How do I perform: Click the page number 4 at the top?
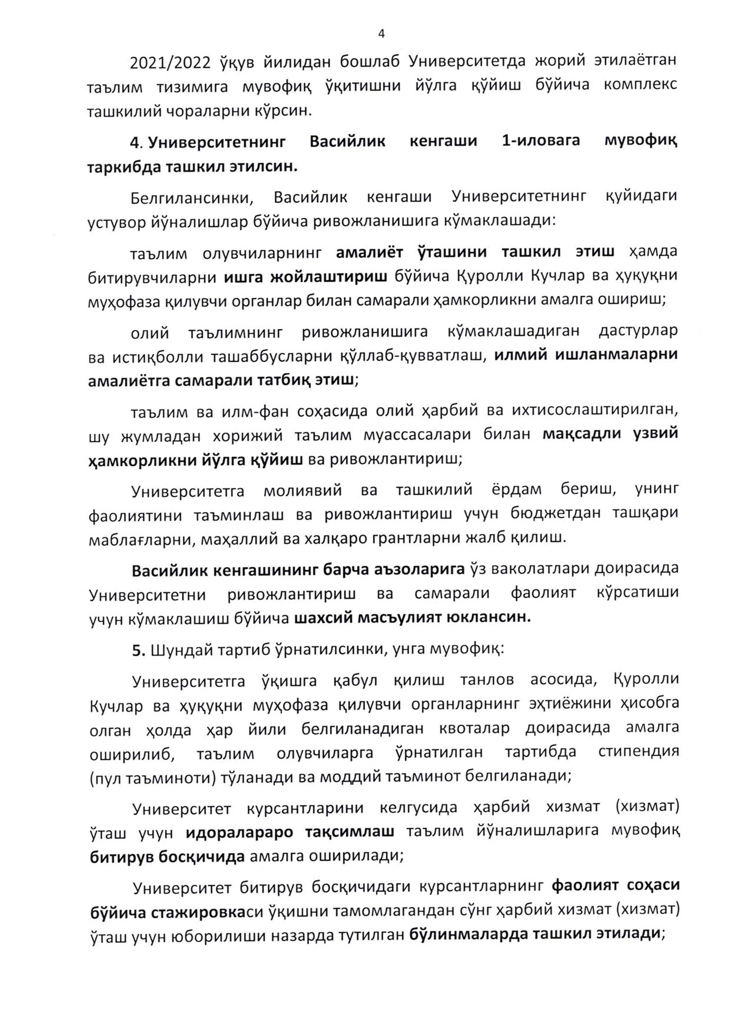[x=381, y=34]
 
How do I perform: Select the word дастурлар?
[x=638, y=331]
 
